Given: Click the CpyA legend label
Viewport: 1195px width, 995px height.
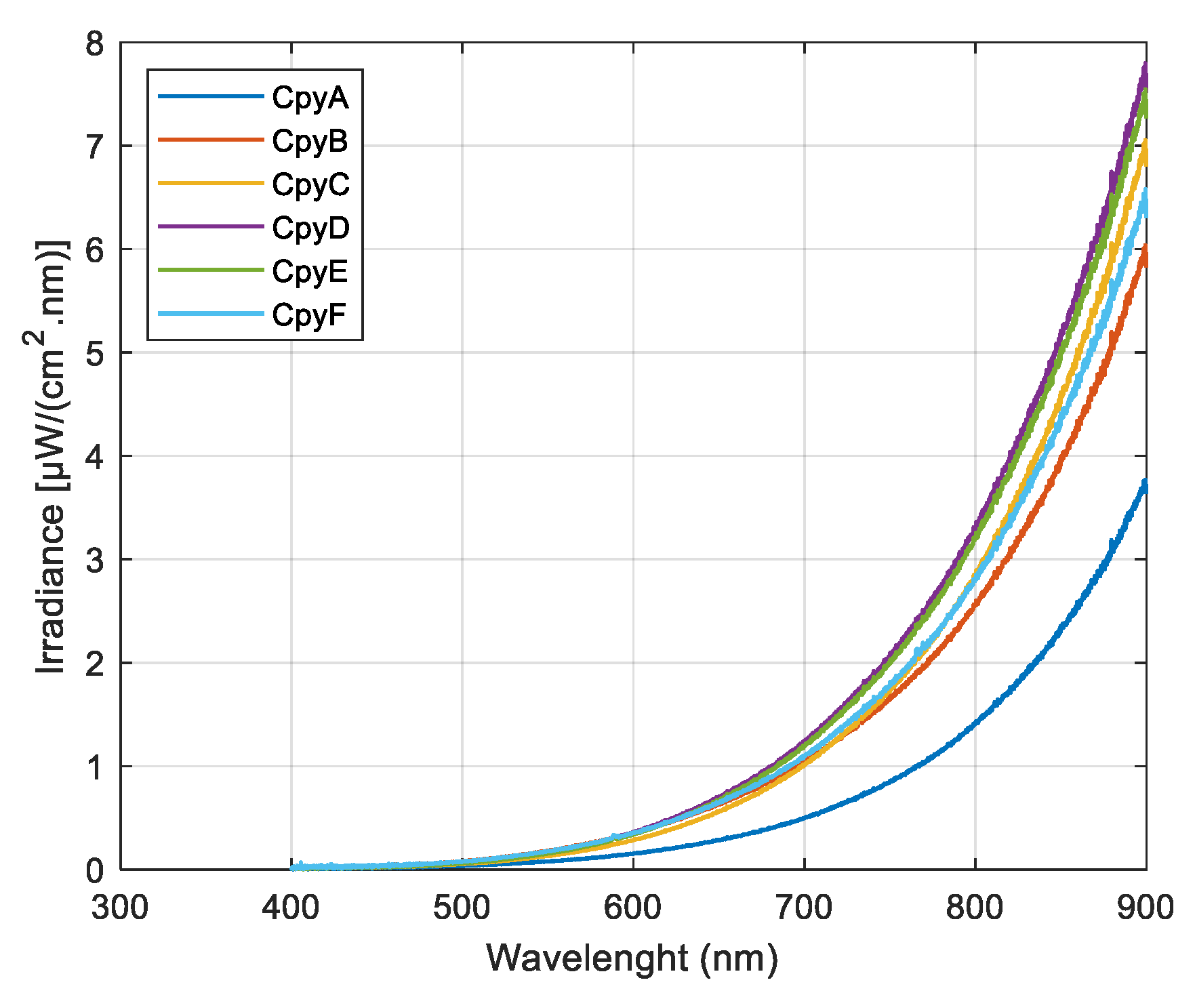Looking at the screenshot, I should (310, 98).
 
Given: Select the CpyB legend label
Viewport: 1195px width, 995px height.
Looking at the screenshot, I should (310, 142).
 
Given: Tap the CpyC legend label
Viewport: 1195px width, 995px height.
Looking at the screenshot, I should (310, 185).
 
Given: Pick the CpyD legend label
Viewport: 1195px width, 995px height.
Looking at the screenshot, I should (310, 228).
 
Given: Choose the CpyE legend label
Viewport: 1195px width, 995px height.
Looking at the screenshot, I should (310, 272).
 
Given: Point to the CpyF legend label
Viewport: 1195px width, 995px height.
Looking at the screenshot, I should (309, 315).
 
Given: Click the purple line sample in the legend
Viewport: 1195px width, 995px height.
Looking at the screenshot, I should (210, 226).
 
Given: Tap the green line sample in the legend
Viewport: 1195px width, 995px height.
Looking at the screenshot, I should (210, 270).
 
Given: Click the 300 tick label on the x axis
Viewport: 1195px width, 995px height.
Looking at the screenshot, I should (120, 908).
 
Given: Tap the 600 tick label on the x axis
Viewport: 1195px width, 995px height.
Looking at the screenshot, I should (632, 908).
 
